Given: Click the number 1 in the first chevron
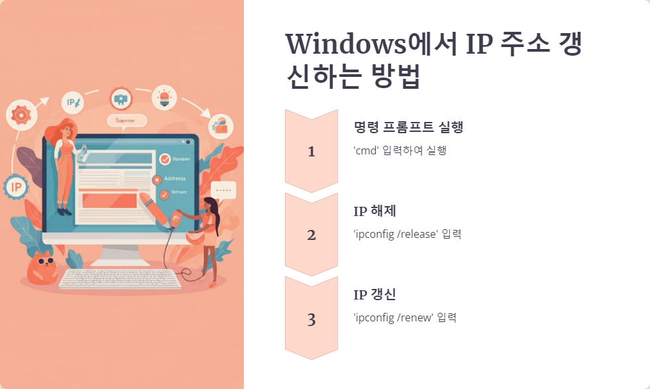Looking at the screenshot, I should tap(311, 152).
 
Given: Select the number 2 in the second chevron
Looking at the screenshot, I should tap(311, 235).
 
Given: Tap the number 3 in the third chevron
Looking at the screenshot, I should tap(311, 319).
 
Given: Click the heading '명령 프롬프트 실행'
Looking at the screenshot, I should tap(408, 127).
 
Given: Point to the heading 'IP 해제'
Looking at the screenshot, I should tap(375, 211).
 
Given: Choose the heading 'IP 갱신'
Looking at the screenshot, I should tap(375, 295).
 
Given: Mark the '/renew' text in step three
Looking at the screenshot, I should tap(415, 317).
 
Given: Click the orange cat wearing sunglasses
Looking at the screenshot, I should tap(41, 266).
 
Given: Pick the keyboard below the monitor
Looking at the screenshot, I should tap(120, 278).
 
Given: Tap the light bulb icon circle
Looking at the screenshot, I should tap(164, 97).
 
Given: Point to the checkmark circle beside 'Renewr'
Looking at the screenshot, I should tap(165, 159).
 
